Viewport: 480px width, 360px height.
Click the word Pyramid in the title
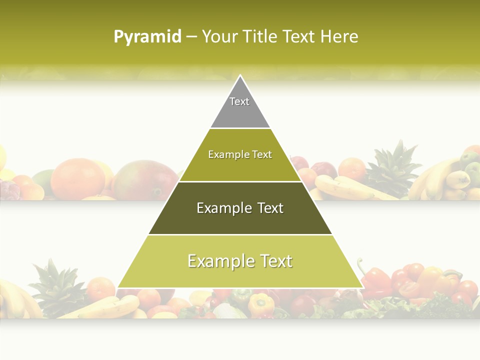coord(147,37)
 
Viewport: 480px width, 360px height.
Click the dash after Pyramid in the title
coord(191,37)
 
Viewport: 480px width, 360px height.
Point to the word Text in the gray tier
coord(239,101)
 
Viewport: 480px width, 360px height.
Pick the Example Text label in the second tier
coord(240,154)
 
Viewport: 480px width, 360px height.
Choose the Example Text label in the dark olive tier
coord(240,208)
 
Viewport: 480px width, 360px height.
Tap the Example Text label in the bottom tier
coord(240,261)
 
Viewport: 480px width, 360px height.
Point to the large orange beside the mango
coord(77,177)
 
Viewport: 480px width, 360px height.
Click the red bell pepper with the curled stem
coord(375,282)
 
